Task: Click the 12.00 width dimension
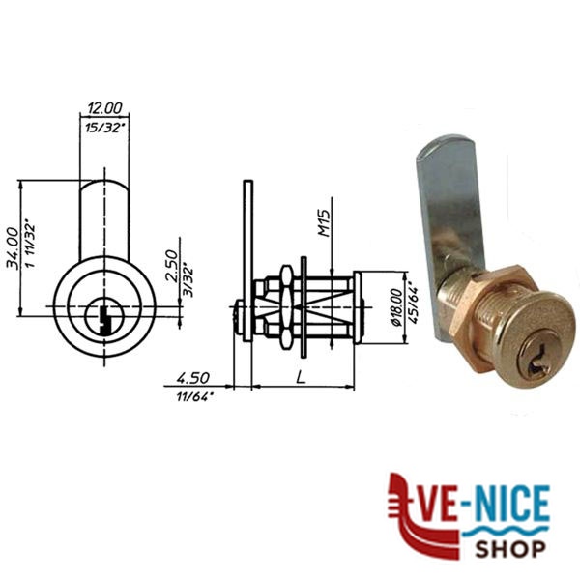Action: [x=104, y=108]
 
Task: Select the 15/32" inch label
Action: [x=104, y=128]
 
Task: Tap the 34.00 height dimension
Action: [x=13, y=248]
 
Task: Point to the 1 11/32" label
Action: [x=31, y=246]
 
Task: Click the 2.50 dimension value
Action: [x=172, y=266]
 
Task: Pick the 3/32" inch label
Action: [x=189, y=279]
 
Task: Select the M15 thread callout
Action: [x=323, y=223]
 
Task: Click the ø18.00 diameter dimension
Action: [x=396, y=307]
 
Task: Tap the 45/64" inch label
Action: [x=414, y=305]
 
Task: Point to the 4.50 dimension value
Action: [x=192, y=378]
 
